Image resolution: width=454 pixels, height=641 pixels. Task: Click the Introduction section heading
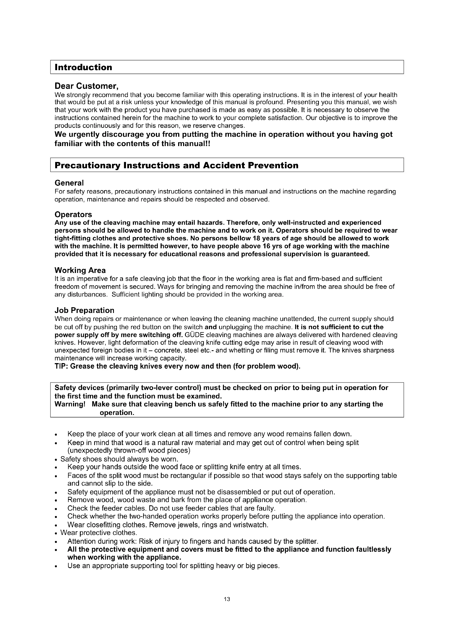83,67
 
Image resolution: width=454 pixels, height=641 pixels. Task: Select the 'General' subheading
69,183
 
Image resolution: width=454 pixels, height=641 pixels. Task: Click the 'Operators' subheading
73,214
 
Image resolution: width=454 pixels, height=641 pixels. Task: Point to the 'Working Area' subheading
80,270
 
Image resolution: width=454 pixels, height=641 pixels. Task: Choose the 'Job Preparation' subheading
85,310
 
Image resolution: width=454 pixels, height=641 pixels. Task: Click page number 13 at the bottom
227,599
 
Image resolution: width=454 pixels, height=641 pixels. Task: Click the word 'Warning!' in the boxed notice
70,404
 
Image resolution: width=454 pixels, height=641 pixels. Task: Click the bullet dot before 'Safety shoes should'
57,460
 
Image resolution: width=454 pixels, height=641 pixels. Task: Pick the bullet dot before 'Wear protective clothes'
57,533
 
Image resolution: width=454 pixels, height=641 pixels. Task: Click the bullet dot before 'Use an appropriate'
57,566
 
